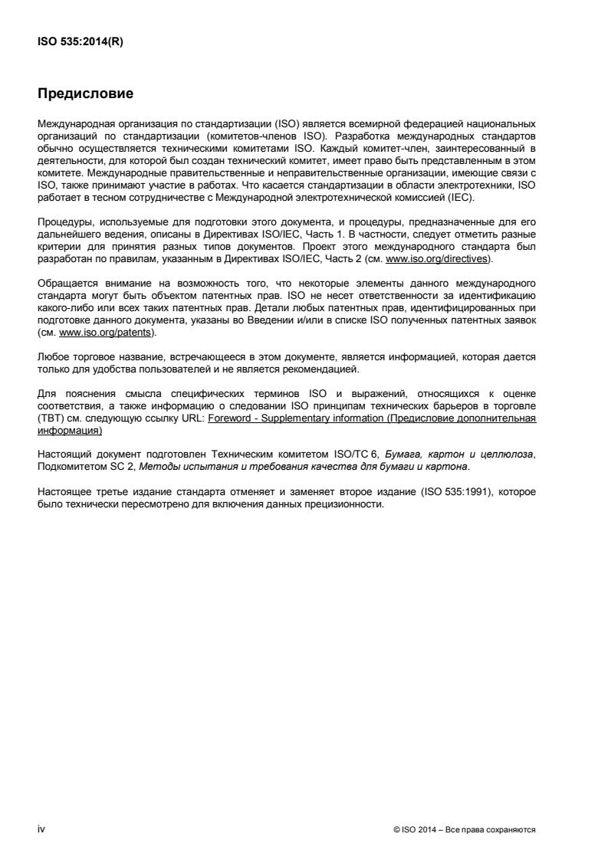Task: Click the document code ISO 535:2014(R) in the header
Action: click(81, 43)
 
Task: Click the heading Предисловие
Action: click(86, 94)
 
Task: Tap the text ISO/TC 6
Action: click(373, 454)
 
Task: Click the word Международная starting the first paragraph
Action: click(76, 123)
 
